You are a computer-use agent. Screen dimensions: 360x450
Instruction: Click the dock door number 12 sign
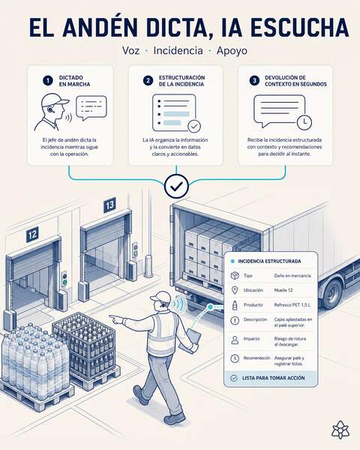click(32, 235)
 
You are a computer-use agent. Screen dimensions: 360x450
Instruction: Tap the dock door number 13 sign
click(109, 205)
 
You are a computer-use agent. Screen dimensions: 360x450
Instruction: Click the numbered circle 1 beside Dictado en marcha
click(48, 81)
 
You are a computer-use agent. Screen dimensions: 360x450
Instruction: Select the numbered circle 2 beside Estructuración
click(148, 81)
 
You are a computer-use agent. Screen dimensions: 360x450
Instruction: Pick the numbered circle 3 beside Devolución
click(254, 81)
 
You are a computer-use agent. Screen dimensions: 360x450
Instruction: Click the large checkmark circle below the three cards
click(176, 186)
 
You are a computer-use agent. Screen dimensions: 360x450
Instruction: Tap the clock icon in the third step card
click(304, 122)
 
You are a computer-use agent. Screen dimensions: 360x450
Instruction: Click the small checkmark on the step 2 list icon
click(194, 126)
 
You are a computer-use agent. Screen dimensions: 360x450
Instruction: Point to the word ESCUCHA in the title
click(300, 28)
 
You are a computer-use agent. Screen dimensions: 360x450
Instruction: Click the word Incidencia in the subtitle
click(178, 50)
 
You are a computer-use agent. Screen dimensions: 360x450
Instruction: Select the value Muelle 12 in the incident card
click(283, 290)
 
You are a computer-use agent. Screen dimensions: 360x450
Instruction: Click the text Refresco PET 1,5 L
click(292, 304)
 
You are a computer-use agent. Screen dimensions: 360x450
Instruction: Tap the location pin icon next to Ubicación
click(235, 290)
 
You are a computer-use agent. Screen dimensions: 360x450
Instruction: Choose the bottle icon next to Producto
click(235, 305)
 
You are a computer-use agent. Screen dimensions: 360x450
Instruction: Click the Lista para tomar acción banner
click(271, 378)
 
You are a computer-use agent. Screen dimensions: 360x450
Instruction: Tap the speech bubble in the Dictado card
click(91, 107)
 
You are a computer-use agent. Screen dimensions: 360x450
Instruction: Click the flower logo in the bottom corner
click(340, 430)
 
